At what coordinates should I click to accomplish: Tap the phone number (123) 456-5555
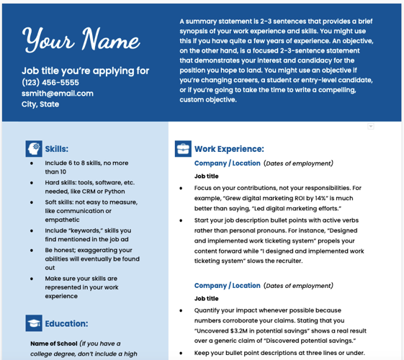coord(50,82)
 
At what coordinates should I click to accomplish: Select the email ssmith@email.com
coord(58,94)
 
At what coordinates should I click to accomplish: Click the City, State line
coord(40,104)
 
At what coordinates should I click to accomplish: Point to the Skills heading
coord(57,149)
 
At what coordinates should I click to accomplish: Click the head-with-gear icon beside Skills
coord(34,149)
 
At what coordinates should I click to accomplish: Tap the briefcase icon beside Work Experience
coord(183,149)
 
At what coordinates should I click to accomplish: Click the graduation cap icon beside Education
coord(34,323)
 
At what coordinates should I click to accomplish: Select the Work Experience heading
coord(229,149)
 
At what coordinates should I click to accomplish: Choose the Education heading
coord(66,324)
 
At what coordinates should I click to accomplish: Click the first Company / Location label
coord(227,163)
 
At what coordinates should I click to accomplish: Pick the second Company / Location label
coord(227,286)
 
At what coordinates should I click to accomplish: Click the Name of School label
coord(53,344)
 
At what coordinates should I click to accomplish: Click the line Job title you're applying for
coord(86,71)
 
